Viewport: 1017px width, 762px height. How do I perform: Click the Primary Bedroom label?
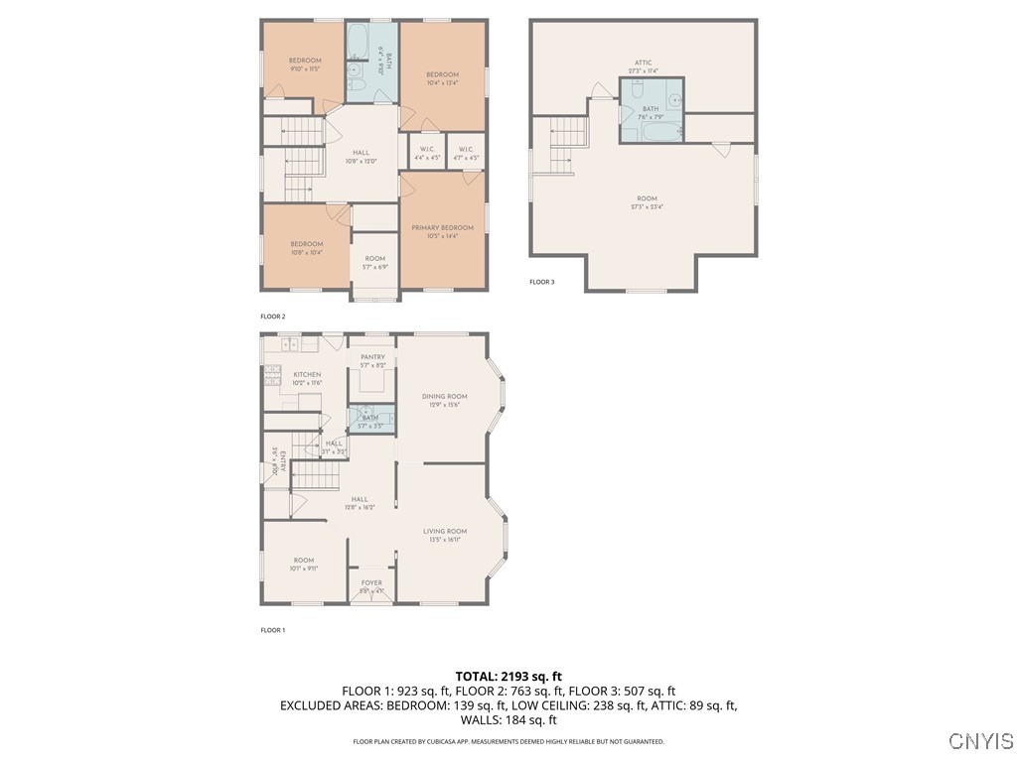(443, 227)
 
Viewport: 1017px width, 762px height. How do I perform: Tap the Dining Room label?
(444, 396)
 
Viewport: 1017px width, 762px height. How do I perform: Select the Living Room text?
(444, 531)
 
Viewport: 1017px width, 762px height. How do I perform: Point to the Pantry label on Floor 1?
(372, 356)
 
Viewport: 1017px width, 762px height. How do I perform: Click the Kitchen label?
(307, 374)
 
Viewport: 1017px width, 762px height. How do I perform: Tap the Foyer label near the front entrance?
(371, 582)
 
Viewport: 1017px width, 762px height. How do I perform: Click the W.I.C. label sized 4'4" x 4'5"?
(428, 150)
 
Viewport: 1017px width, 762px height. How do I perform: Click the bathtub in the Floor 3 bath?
(656, 130)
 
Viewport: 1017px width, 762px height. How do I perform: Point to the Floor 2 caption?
(273, 316)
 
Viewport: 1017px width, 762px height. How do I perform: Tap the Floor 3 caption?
(541, 282)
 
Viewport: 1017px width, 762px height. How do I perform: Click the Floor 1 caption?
(273, 630)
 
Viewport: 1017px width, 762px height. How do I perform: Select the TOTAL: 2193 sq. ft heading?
(508, 676)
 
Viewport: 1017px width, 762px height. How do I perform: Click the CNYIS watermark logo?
(980, 741)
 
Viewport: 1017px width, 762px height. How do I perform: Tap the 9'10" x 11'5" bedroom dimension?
(305, 68)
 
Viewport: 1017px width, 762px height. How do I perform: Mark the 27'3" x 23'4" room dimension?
(647, 206)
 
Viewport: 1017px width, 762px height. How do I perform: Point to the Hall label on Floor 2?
(362, 152)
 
